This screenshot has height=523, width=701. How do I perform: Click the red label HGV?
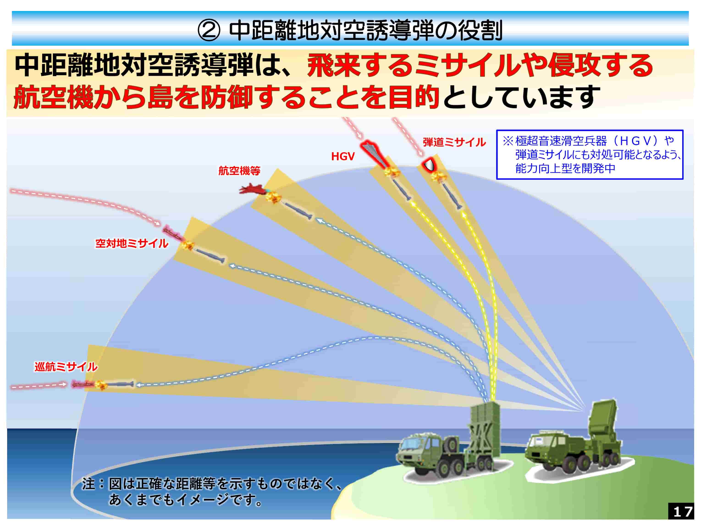(343, 156)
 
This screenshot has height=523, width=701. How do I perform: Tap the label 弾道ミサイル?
(454, 142)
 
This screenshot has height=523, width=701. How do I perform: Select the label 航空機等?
(239, 171)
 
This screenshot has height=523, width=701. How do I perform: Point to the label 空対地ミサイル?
(132, 244)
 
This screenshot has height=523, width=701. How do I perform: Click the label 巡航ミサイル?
(66, 367)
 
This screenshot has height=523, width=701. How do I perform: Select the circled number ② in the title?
(209, 31)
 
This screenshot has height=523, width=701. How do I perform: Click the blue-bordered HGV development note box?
(590, 155)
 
